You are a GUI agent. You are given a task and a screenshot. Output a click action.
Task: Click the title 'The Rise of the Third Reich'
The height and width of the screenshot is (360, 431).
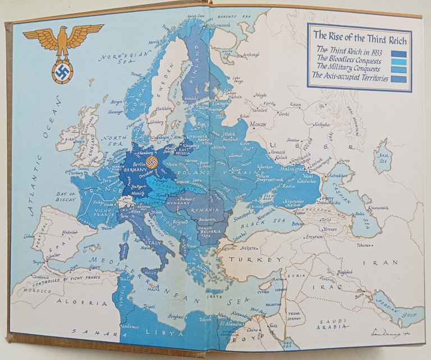(359, 34)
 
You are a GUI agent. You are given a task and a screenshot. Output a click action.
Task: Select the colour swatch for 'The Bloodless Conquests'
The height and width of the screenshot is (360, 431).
(398, 62)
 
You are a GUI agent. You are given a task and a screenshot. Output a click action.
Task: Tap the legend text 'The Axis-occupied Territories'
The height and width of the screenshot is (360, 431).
(352, 78)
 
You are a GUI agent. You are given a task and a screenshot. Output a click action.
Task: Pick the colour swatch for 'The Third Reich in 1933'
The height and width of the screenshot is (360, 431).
(398, 54)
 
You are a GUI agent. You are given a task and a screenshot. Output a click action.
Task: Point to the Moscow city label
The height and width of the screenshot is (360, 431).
(258, 124)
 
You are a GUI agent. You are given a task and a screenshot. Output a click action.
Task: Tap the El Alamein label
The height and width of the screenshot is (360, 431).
(231, 324)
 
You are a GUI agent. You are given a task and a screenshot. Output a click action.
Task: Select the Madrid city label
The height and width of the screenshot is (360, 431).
(68, 232)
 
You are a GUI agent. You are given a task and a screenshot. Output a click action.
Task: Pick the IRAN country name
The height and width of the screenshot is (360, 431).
(387, 262)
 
